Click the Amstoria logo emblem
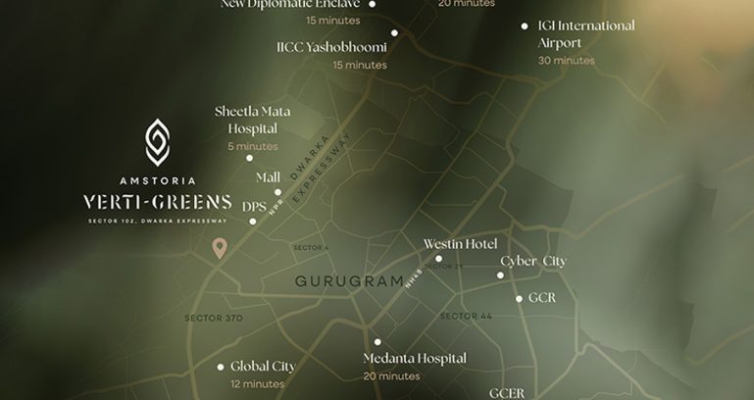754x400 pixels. point(157,142)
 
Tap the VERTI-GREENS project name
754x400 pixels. point(157,202)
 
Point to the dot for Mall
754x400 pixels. point(277,192)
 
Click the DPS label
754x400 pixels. point(254,207)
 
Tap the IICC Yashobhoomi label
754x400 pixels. point(331,47)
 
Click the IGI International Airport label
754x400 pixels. point(586,34)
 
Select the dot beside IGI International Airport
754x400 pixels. point(525,26)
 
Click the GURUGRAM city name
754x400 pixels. point(349,281)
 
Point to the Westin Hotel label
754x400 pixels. point(460,243)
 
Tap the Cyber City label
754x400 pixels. point(533,261)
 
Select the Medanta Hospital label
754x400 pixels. point(414,359)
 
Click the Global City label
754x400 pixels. point(263,367)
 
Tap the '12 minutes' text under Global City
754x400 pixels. point(257,383)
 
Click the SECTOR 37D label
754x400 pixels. point(213,319)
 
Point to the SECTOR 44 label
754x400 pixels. point(466,316)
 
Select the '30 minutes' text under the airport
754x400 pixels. point(566,61)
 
